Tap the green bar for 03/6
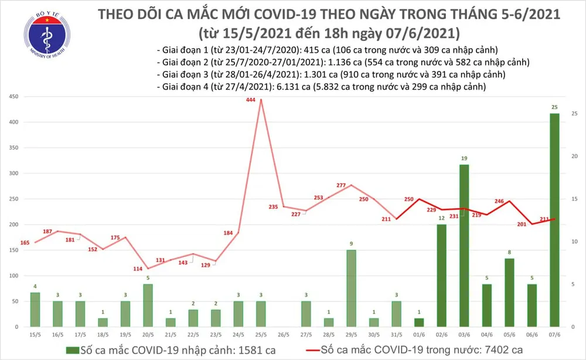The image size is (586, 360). pyautogui.click(x=464, y=246)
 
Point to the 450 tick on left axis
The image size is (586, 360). pyautogui.click(x=13, y=96)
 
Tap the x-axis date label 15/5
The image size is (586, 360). pyautogui.click(x=35, y=335)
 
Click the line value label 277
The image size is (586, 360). pyautogui.click(x=343, y=186)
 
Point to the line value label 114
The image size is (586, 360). pyautogui.click(x=138, y=269)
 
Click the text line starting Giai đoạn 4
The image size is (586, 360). pyautogui.click(x=322, y=87)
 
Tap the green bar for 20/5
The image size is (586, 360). pyautogui.click(x=148, y=305)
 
